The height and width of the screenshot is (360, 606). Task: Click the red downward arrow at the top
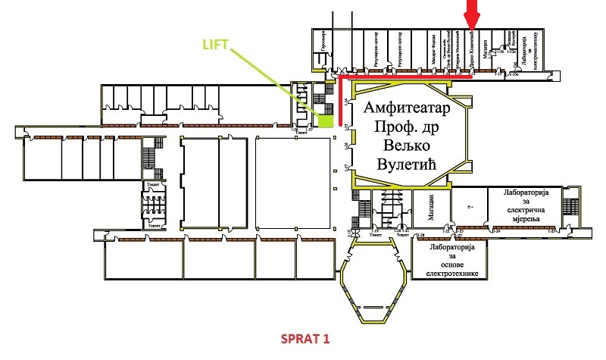[472, 14]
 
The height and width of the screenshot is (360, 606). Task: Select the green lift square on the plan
[326, 120]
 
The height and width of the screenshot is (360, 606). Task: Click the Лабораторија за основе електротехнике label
[449, 261]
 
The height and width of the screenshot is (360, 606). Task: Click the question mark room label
[470, 205]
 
